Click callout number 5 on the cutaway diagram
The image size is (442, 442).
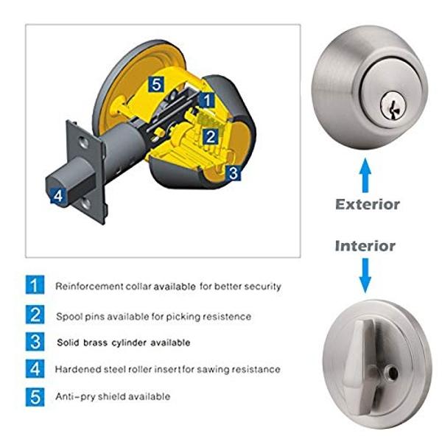tap(156, 84)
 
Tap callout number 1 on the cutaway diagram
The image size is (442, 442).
tap(207, 100)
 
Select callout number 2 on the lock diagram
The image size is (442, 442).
tap(211, 137)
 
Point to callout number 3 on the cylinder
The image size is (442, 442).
tap(234, 173)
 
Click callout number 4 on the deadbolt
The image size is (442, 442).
tap(58, 196)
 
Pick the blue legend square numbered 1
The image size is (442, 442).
tap(35, 285)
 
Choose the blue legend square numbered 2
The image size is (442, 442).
tap(35, 315)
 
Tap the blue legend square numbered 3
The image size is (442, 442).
tap(35, 342)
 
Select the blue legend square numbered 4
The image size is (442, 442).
tap(35, 369)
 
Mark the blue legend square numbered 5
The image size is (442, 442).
tap(35, 397)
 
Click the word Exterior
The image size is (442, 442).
tap(368, 204)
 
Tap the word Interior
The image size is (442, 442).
tap(365, 246)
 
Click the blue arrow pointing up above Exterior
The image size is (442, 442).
tap(365, 175)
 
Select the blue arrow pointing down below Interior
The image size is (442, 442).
tap(365, 276)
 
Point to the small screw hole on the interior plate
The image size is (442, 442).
tap(393, 373)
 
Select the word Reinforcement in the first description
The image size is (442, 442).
tap(89, 287)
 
